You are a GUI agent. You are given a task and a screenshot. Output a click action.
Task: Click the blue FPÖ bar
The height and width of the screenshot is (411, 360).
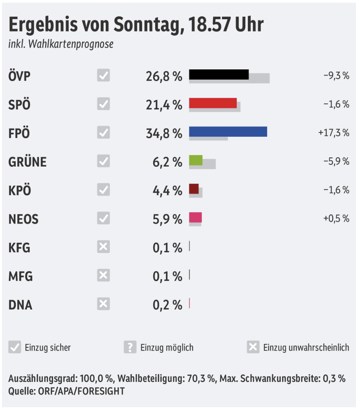[x=228, y=131]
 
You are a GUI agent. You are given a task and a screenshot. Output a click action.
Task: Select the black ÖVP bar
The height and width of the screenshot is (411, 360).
[x=218, y=74]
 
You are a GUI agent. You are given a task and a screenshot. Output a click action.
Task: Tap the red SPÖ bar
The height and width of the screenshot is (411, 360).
[x=212, y=103]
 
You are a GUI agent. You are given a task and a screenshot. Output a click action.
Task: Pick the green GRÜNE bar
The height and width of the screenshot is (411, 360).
[x=195, y=160]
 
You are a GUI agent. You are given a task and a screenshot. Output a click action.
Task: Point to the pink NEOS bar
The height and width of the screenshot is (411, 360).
[x=195, y=217]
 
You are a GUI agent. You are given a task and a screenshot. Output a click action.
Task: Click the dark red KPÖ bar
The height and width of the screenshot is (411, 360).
[x=193, y=189]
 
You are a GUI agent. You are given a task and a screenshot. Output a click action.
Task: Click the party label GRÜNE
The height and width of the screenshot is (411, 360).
[x=27, y=162]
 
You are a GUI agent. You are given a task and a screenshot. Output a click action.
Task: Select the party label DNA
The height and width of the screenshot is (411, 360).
[x=20, y=305]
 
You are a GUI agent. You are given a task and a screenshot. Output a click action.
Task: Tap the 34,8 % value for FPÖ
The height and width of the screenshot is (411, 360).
[x=164, y=133]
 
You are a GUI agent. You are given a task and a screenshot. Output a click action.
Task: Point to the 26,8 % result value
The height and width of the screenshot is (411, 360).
[x=164, y=76]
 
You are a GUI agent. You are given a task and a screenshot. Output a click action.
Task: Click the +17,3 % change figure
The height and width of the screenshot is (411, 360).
[x=334, y=133]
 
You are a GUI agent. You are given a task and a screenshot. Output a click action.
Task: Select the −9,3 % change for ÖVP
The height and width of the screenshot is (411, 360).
[x=336, y=75]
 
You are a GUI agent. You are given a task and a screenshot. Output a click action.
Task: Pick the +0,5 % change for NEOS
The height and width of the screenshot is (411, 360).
[x=336, y=219]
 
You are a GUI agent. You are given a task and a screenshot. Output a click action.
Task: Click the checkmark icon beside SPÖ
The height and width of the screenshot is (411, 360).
[x=103, y=104]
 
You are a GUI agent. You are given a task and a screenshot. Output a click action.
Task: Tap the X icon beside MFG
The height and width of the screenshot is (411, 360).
[x=103, y=276]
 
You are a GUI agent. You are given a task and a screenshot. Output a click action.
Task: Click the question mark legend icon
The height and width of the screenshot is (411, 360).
[x=130, y=347]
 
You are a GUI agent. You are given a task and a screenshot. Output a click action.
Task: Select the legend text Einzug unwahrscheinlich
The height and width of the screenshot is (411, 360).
[x=306, y=348]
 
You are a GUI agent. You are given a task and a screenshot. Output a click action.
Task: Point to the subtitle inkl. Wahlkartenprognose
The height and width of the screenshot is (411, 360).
[x=61, y=44]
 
